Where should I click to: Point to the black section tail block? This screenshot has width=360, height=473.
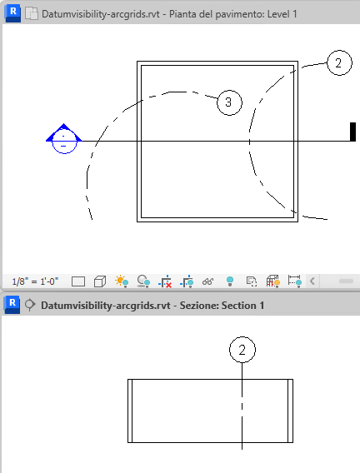[352, 132]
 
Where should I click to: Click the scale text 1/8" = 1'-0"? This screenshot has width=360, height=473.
[35, 281]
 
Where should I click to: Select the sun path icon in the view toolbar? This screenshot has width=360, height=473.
[122, 281]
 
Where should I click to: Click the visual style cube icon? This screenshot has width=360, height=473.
[100, 281]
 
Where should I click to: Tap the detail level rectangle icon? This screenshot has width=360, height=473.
[78, 281]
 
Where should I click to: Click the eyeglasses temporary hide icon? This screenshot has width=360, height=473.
[207, 281]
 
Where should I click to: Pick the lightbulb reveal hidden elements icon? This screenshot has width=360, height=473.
[230, 281]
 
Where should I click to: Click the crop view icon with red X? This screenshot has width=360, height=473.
[165, 281]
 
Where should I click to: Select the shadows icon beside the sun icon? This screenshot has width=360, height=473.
[143, 281]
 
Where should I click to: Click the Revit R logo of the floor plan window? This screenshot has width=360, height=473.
[12, 13]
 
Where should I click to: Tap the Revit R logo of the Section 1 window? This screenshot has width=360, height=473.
[12, 305]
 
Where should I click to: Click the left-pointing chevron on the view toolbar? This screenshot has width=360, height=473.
[312, 281]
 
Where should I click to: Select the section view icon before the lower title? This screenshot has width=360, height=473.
[30, 305]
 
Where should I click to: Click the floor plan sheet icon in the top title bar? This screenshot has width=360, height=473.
[32, 14]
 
